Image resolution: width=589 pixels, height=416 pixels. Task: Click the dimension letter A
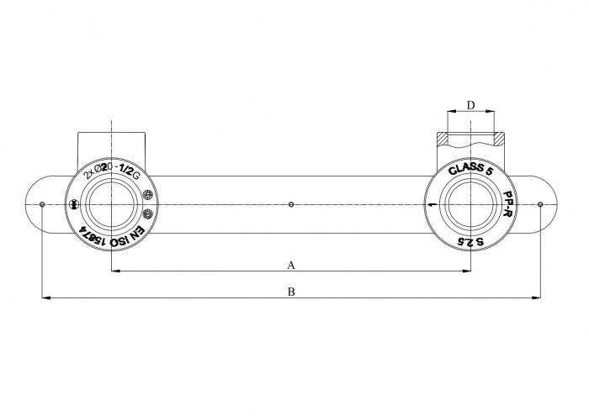click(x=291, y=265)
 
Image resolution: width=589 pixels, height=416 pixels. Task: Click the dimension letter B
click(x=291, y=292)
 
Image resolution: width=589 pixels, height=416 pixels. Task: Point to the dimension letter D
click(x=471, y=105)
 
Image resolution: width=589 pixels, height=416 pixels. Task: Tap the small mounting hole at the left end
click(x=42, y=204)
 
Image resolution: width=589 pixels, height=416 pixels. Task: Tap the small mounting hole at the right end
click(x=540, y=204)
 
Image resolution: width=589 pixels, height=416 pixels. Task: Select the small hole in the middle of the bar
click(x=291, y=204)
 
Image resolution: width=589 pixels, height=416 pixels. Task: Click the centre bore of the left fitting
click(x=112, y=205)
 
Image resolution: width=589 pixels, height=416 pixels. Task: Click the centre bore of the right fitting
click(x=470, y=205)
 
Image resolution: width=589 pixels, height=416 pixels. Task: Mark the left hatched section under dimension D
click(x=442, y=137)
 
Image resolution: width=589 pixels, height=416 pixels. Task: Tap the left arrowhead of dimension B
click(x=45, y=298)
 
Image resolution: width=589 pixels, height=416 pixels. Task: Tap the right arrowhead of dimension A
click(x=466, y=271)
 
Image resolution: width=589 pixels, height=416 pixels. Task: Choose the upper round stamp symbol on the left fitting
click(x=148, y=193)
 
